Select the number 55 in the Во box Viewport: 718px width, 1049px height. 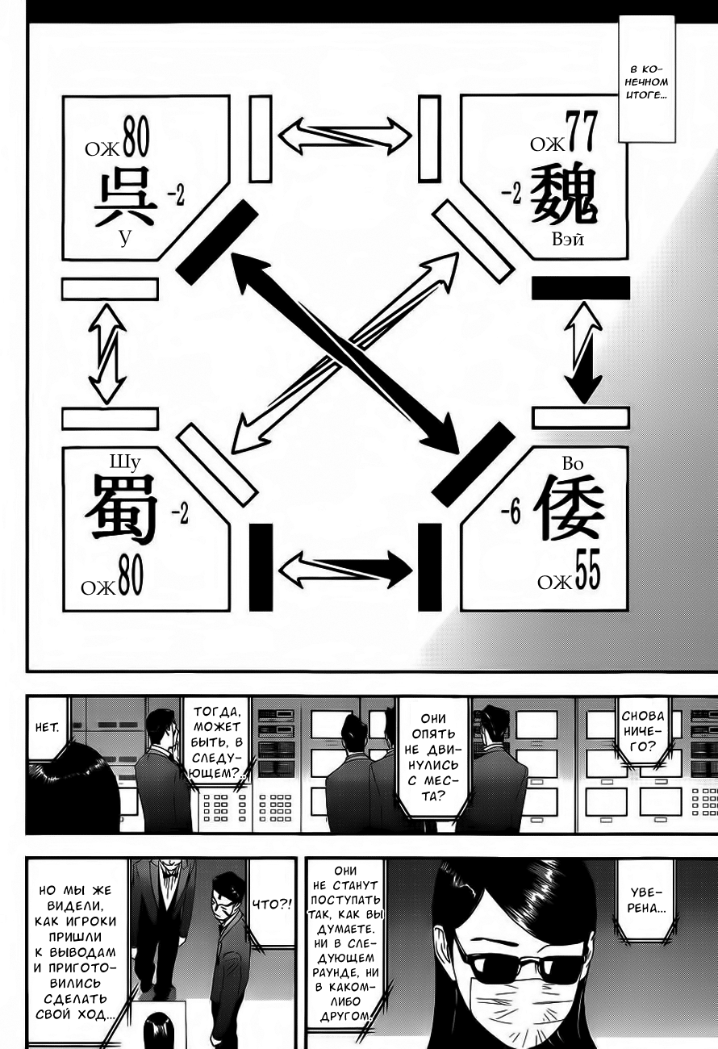pyautogui.click(x=587, y=575)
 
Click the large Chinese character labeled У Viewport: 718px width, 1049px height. pyautogui.click(x=124, y=197)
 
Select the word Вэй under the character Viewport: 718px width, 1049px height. pyautogui.click(x=568, y=240)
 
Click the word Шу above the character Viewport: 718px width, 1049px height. pyautogui.click(x=125, y=462)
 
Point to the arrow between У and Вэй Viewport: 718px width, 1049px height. pyautogui.click(x=345, y=136)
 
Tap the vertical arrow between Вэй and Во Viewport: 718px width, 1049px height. pyautogui.click(x=583, y=352)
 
